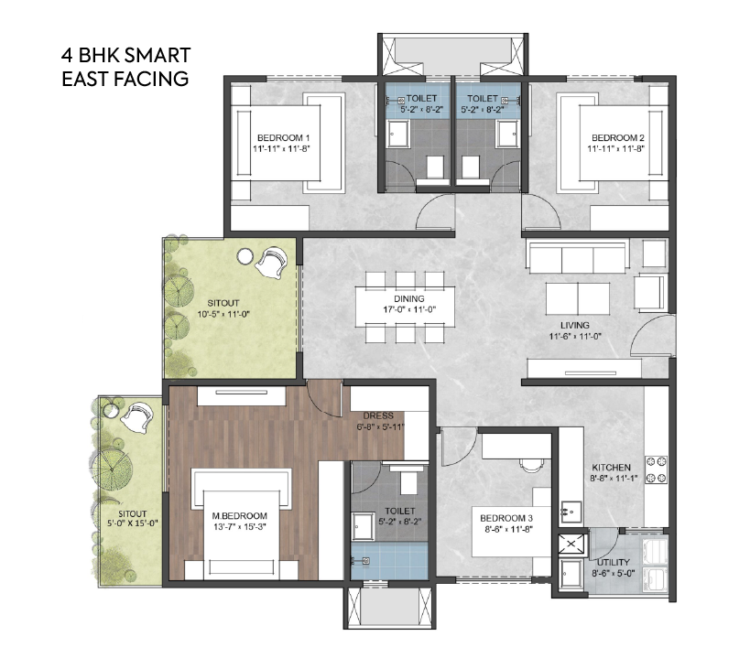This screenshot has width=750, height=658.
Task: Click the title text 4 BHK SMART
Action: point(125,56)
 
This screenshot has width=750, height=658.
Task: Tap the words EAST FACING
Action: point(125,79)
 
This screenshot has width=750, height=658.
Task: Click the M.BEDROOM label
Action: point(239,516)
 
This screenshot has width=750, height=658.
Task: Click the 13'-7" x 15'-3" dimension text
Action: point(239,528)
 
